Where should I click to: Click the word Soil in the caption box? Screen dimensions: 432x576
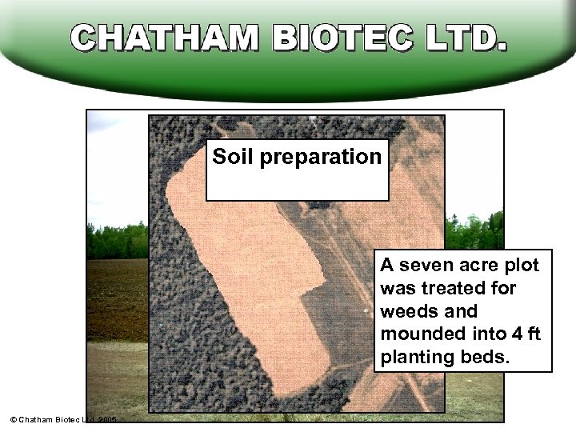pos(230,156)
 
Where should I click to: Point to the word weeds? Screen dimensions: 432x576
pos(407,311)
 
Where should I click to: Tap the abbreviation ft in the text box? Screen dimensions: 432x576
pos(531,334)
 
